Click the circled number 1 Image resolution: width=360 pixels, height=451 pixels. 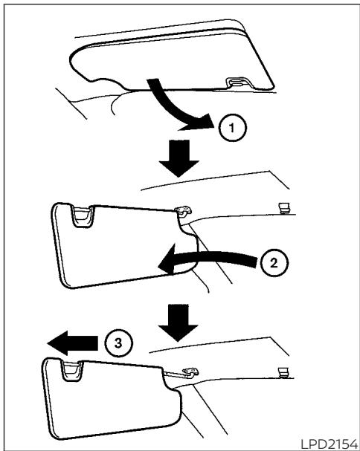click(x=232, y=128)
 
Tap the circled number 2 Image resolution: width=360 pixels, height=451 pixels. click(x=274, y=262)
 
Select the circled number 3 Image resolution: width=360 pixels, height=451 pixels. click(x=118, y=343)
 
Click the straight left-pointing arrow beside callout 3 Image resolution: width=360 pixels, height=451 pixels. click(x=73, y=343)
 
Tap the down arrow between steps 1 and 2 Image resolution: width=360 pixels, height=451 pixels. click(x=179, y=158)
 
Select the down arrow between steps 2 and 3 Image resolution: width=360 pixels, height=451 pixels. click(x=179, y=322)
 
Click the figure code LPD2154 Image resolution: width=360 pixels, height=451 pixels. click(x=329, y=444)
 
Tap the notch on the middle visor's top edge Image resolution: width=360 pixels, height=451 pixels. click(x=83, y=216)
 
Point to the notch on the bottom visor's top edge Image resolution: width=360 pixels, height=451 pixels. click(x=71, y=371)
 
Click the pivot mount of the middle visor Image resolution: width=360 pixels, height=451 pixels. click(x=183, y=211)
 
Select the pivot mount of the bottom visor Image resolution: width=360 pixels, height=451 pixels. click(x=190, y=372)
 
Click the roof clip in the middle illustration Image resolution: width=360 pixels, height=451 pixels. click(x=284, y=208)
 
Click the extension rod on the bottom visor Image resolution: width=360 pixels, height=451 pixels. click(x=174, y=374)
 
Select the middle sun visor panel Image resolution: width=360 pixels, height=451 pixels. click(x=121, y=244)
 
